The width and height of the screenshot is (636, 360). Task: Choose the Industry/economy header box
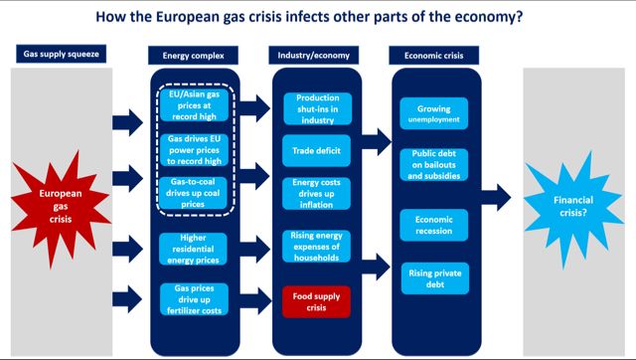pos(317,54)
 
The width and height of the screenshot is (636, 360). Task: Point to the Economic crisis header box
pos(435,54)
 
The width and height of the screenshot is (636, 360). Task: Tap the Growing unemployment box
pos(434,113)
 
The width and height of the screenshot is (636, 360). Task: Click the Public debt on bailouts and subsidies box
pos(434,164)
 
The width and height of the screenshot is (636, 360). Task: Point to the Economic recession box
pos(434,224)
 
